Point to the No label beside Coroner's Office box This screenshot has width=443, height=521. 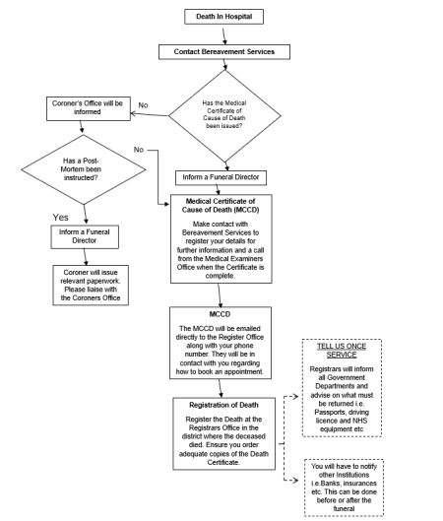[x=144, y=103]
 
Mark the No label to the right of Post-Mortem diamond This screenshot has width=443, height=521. [x=138, y=149]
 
